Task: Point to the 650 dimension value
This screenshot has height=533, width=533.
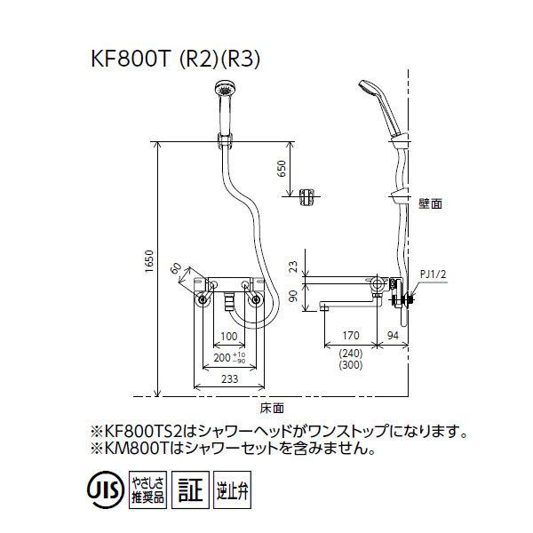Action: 282,170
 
